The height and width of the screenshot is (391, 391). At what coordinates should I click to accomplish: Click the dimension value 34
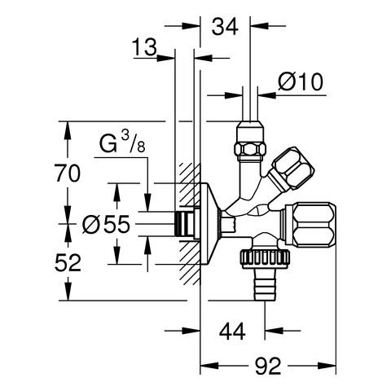225,26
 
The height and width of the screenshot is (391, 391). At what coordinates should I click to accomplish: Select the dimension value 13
144,47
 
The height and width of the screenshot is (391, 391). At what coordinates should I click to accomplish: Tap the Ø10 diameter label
301,81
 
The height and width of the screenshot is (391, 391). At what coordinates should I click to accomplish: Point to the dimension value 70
68,173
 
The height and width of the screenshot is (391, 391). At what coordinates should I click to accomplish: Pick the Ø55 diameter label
106,225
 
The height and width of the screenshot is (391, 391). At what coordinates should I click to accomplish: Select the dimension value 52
68,262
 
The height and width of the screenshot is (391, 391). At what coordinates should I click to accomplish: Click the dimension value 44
232,331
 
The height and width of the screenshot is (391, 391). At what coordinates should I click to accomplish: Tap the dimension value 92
268,366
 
